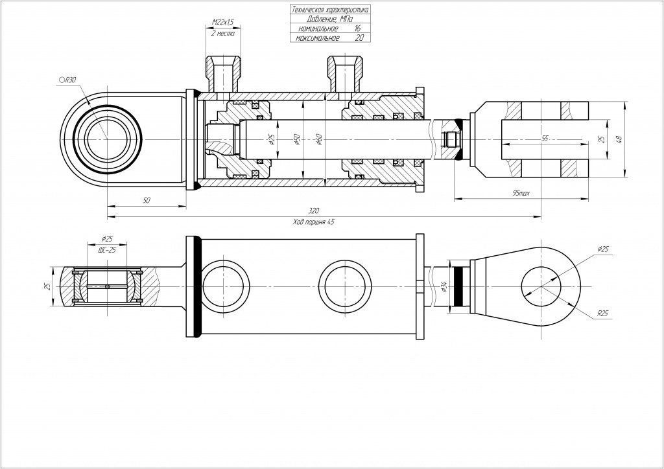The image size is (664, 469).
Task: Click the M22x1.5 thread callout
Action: [223, 22]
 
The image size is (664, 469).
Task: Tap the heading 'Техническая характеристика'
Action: [330, 10]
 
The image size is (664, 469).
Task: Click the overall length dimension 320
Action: [314, 211]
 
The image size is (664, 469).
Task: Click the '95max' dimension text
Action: [520, 193]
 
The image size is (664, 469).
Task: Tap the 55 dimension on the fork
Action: [544, 139]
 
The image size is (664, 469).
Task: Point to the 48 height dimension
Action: [620, 139]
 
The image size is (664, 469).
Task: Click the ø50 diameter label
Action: [296, 139]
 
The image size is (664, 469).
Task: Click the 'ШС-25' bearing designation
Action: [106, 249]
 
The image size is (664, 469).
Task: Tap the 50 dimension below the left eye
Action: [146, 201]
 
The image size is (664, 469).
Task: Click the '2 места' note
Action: [223, 34]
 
